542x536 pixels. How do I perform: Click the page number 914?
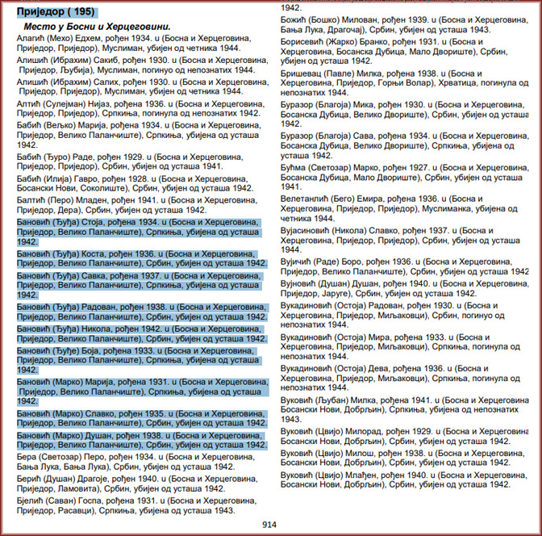pos(270,525)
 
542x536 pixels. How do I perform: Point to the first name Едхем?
pos(94,39)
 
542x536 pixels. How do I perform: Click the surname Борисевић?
pos(306,40)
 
